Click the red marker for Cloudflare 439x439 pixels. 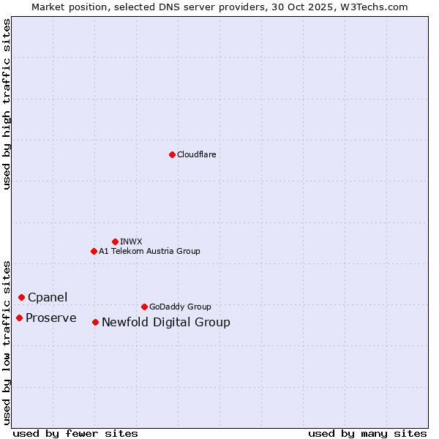172,154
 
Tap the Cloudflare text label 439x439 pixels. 197,154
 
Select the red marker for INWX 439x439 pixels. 115,241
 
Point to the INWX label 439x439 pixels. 131,241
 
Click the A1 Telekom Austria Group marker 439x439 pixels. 94,251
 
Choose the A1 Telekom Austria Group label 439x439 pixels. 149,251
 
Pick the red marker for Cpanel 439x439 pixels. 21,297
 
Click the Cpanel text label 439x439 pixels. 48,297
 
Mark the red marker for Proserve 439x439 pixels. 19,318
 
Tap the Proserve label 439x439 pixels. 51,318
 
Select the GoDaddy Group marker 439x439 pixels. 144,307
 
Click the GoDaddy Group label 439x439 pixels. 180,307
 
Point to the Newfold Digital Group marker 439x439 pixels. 95,322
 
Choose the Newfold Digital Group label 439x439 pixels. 166,322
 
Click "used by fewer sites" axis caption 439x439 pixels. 75,433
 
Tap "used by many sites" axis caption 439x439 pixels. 367,433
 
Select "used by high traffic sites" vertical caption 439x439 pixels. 7,104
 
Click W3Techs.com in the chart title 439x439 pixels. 378,7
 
